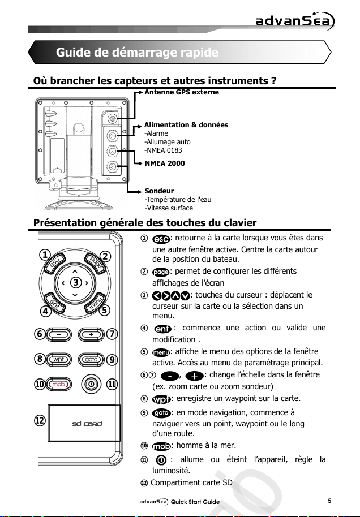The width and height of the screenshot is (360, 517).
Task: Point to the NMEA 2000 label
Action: click(x=165, y=163)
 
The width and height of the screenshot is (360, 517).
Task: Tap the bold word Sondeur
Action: click(x=159, y=191)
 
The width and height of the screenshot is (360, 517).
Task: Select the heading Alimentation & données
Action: click(x=186, y=124)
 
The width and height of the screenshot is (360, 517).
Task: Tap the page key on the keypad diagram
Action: click(x=96, y=263)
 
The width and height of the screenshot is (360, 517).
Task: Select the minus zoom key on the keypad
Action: click(x=59, y=334)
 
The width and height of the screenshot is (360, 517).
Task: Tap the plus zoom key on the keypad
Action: click(x=91, y=334)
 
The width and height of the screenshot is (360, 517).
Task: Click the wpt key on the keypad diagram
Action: click(x=58, y=359)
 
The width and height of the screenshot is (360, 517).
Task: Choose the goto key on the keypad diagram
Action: click(x=91, y=359)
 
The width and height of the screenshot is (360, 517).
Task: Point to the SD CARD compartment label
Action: click(x=86, y=424)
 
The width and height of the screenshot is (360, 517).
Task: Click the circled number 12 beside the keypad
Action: click(x=39, y=421)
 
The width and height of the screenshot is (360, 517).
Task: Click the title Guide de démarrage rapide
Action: click(x=136, y=53)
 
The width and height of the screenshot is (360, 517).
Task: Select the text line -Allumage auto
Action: click(x=168, y=142)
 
